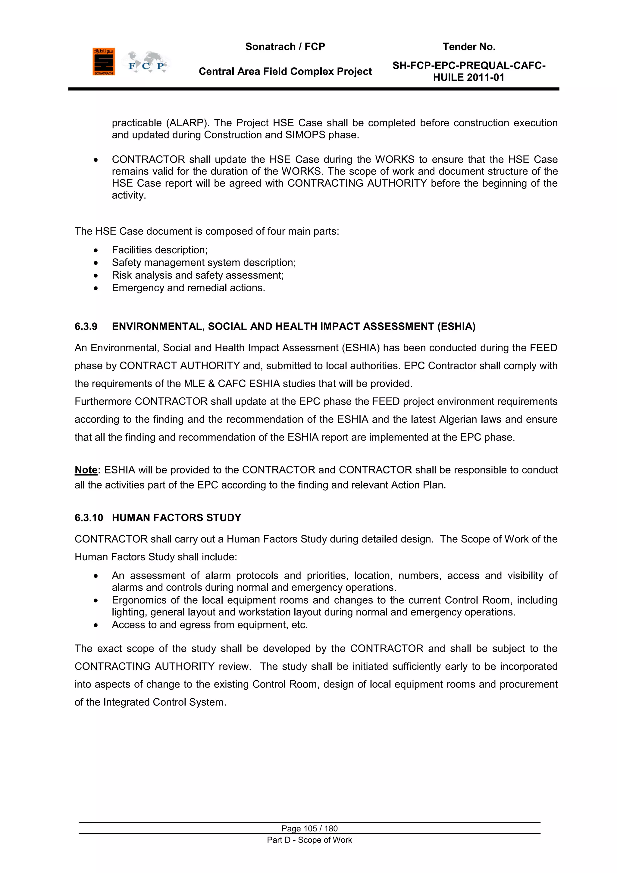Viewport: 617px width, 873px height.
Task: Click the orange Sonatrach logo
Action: [x=103, y=62]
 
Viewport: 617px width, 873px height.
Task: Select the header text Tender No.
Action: [x=469, y=47]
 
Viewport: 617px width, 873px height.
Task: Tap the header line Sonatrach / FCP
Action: [x=285, y=47]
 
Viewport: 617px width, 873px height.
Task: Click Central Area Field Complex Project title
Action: [x=285, y=71]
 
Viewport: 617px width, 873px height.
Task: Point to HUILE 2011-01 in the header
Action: [x=468, y=77]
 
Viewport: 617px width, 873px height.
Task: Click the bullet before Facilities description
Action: [x=96, y=251]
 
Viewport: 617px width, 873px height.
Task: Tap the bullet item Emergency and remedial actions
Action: [x=188, y=288]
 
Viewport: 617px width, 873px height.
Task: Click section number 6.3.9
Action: [x=86, y=327]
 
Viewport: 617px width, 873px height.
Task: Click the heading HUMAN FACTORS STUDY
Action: [x=176, y=518]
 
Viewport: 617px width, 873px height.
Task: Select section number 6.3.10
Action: [x=89, y=518]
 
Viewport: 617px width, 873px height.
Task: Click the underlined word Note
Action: [x=86, y=470]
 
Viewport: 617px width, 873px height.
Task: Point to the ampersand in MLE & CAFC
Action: [x=211, y=384]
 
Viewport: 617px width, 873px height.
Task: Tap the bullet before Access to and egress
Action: [x=96, y=625]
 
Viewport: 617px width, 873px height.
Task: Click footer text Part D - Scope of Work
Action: [x=309, y=840]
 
